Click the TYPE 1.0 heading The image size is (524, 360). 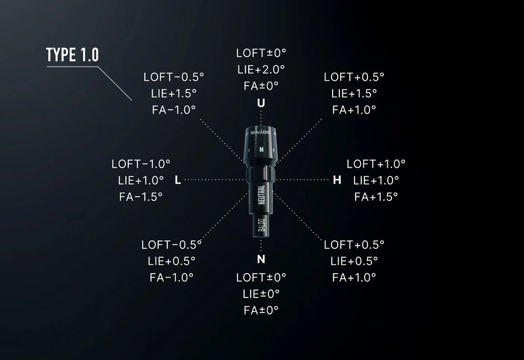(x=73, y=55)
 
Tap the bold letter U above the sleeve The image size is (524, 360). (x=261, y=103)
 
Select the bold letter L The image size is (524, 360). (x=178, y=181)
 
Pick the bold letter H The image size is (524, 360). (x=337, y=181)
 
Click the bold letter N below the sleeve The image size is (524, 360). (x=261, y=259)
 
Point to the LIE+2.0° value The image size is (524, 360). (x=261, y=70)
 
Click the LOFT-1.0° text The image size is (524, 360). (x=141, y=164)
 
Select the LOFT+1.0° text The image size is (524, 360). (x=376, y=164)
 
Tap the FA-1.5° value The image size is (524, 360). (x=141, y=197)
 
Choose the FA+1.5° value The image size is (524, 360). (x=376, y=197)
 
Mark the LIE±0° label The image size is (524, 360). (x=261, y=294)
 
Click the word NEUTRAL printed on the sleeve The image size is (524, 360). (x=261, y=195)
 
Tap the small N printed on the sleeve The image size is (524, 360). (x=261, y=150)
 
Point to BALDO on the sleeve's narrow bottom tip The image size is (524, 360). (x=261, y=224)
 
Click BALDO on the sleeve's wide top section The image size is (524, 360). (x=260, y=132)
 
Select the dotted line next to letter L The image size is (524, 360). (x=214, y=179)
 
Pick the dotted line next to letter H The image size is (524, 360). (x=303, y=179)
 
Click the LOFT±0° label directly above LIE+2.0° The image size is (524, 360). (x=261, y=53)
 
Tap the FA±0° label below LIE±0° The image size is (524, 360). (x=261, y=310)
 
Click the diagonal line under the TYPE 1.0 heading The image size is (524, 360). (x=115, y=83)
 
